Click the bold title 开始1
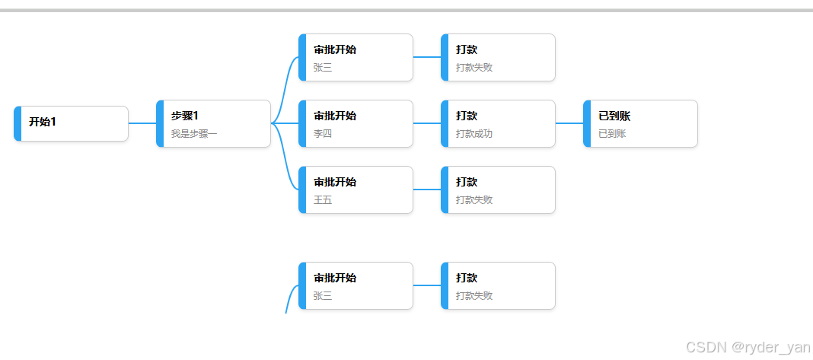click(x=43, y=122)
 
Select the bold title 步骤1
click(x=185, y=116)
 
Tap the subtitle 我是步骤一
click(x=194, y=134)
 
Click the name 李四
click(x=323, y=134)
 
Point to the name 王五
click(x=323, y=200)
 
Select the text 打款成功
click(x=474, y=134)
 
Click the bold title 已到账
click(x=614, y=116)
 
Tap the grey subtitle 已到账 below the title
click(x=612, y=134)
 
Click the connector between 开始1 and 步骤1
click(x=142, y=123)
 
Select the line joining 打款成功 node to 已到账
click(x=569, y=123)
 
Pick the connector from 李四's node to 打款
click(x=427, y=123)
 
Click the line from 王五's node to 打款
click(x=427, y=190)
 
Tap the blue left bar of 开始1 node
click(x=18, y=123)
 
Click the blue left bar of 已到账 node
click(x=587, y=123)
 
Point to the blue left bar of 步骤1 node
click(x=160, y=123)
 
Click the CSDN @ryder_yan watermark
click(x=748, y=347)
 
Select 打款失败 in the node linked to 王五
click(x=474, y=200)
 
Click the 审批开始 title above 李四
click(x=335, y=116)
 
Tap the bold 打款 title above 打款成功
click(x=467, y=116)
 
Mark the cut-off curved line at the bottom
click(x=289, y=298)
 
